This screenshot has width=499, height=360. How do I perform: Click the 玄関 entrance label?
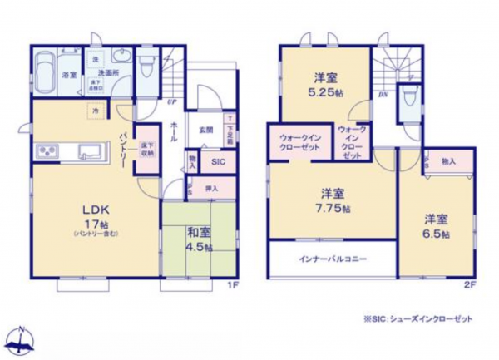pos(205,130)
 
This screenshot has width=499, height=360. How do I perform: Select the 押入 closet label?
pos(212,189)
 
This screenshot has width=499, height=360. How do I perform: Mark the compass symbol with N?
pos(22,338)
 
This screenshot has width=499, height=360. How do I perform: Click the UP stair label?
pos(170,102)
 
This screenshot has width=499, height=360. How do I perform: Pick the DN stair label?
pos(383,94)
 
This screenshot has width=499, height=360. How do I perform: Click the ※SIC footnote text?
pos(423,318)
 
